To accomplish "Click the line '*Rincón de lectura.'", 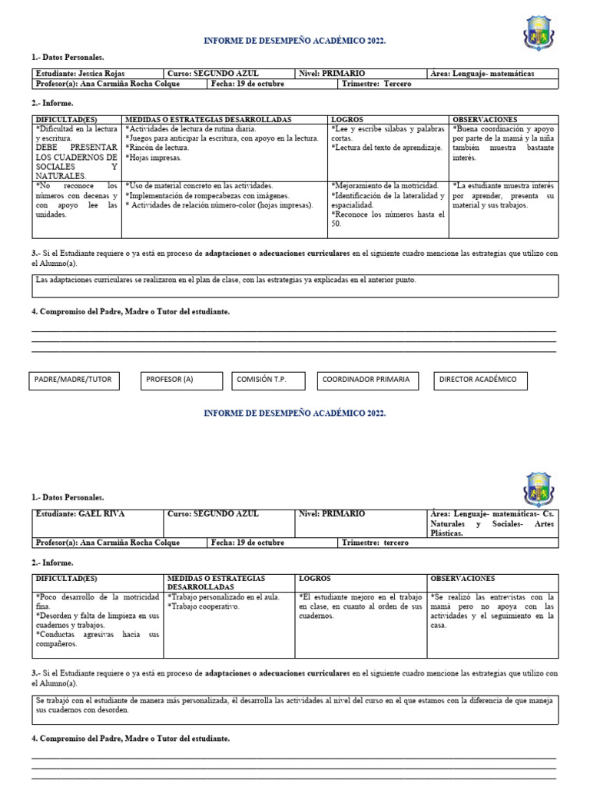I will pyautogui.click(x=158, y=148).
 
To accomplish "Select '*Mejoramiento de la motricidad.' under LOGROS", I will pyautogui.click(x=385, y=186).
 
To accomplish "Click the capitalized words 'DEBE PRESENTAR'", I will pyautogui.click(x=76, y=148).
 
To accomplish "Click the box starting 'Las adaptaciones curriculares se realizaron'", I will pyautogui.click(x=295, y=285).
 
